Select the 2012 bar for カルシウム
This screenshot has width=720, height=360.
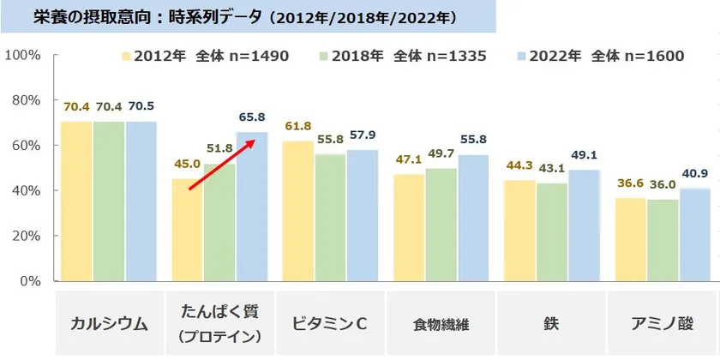tap(76, 201)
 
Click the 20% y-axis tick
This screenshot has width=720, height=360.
tap(27, 235)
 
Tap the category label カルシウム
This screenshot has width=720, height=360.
tap(110, 324)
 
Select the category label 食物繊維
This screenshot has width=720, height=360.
tap(441, 325)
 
